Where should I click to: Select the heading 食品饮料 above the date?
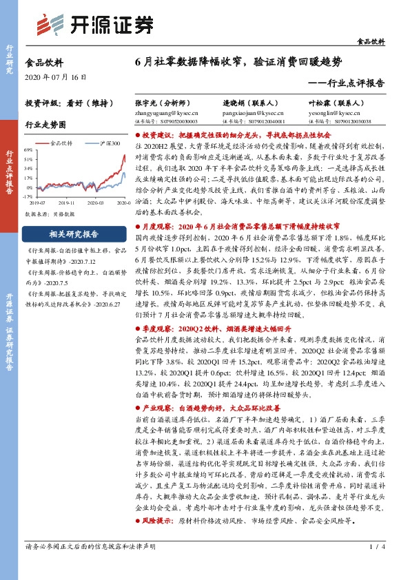click(43, 61)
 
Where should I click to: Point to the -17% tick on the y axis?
click(28, 196)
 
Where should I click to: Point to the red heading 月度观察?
click(153, 225)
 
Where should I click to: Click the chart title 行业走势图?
click(46, 126)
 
